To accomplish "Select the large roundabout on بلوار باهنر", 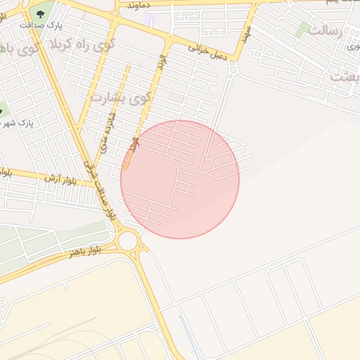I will point(128,241).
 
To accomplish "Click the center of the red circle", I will point(180,179).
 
